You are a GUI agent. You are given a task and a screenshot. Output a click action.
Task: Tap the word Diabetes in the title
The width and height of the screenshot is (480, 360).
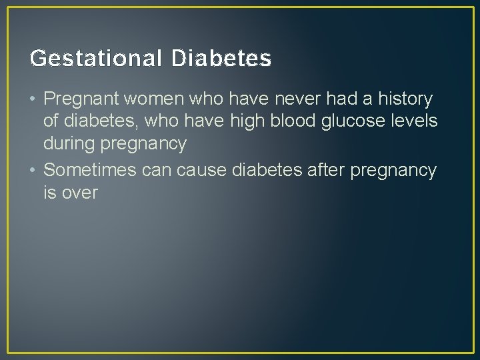tap(221, 59)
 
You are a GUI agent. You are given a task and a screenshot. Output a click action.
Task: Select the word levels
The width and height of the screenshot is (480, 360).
tap(417, 121)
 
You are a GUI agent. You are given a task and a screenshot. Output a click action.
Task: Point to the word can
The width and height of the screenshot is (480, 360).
tap(157, 171)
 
